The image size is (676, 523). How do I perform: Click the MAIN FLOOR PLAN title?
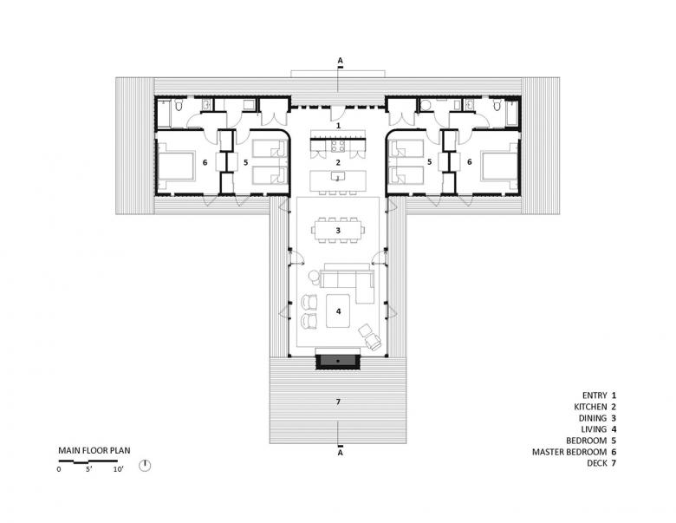click(x=94, y=450)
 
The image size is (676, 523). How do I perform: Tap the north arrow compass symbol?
click(x=146, y=466)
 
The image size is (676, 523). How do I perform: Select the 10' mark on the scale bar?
click(x=118, y=469)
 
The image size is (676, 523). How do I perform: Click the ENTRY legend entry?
click(x=599, y=396)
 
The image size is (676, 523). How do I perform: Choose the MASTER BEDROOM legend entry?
click(x=575, y=452)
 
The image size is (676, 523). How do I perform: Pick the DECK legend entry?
click(x=601, y=463)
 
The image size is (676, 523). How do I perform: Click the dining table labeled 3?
click(x=338, y=230)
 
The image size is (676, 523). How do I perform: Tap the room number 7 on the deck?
click(x=338, y=402)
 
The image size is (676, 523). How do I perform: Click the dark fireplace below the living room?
click(x=338, y=361)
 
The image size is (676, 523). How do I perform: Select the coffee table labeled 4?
click(x=338, y=311)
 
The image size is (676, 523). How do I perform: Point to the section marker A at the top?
click(x=340, y=61)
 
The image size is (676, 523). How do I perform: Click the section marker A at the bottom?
click(x=340, y=453)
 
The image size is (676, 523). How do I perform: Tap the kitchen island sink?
click(x=338, y=175)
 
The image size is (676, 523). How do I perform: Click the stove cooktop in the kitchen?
click(x=338, y=146)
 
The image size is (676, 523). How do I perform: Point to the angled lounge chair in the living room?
click(x=370, y=337)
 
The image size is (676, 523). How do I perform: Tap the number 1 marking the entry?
click(x=338, y=126)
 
